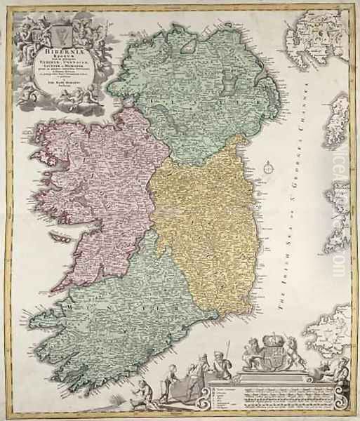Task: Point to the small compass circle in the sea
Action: click(x=269, y=168)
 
